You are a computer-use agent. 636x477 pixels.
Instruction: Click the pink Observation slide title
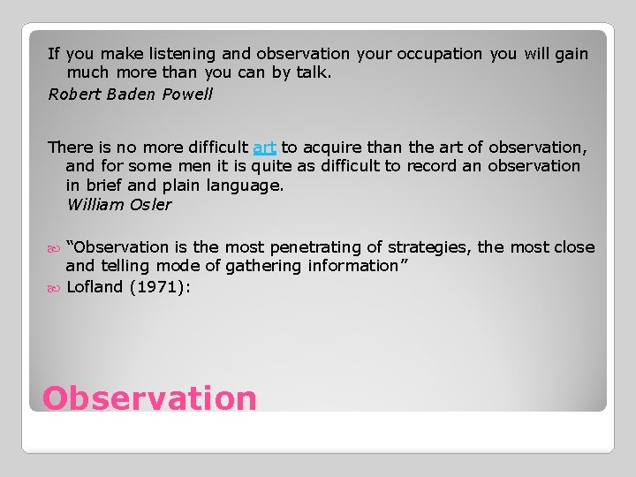(x=149, y=398)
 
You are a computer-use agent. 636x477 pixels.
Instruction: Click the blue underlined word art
(x=264, y=147)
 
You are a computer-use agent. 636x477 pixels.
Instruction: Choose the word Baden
(x=133, y=95)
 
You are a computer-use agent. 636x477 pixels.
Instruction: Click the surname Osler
(x=152, y=205)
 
